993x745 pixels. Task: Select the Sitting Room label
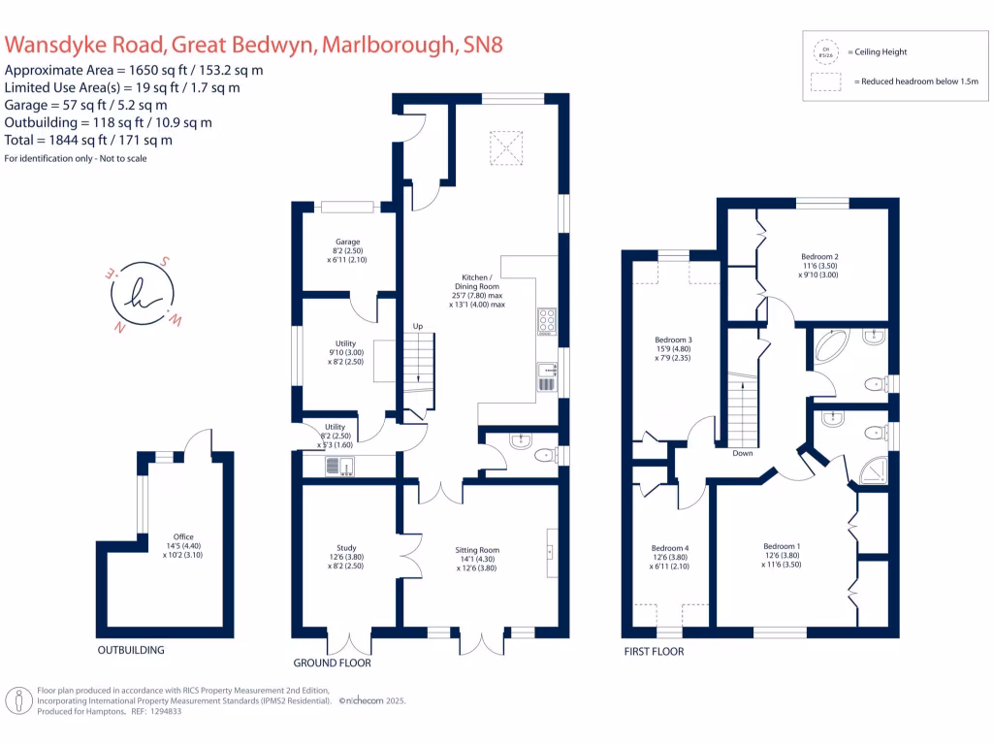477,550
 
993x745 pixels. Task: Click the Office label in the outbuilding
183,536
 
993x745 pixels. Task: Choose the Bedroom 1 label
782,546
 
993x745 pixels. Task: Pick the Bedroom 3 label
674,340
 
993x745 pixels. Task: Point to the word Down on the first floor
743,453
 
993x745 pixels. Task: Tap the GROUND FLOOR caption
332,664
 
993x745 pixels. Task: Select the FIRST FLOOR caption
654,652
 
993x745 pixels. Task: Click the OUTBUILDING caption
131,650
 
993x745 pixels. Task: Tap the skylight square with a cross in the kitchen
503,148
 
